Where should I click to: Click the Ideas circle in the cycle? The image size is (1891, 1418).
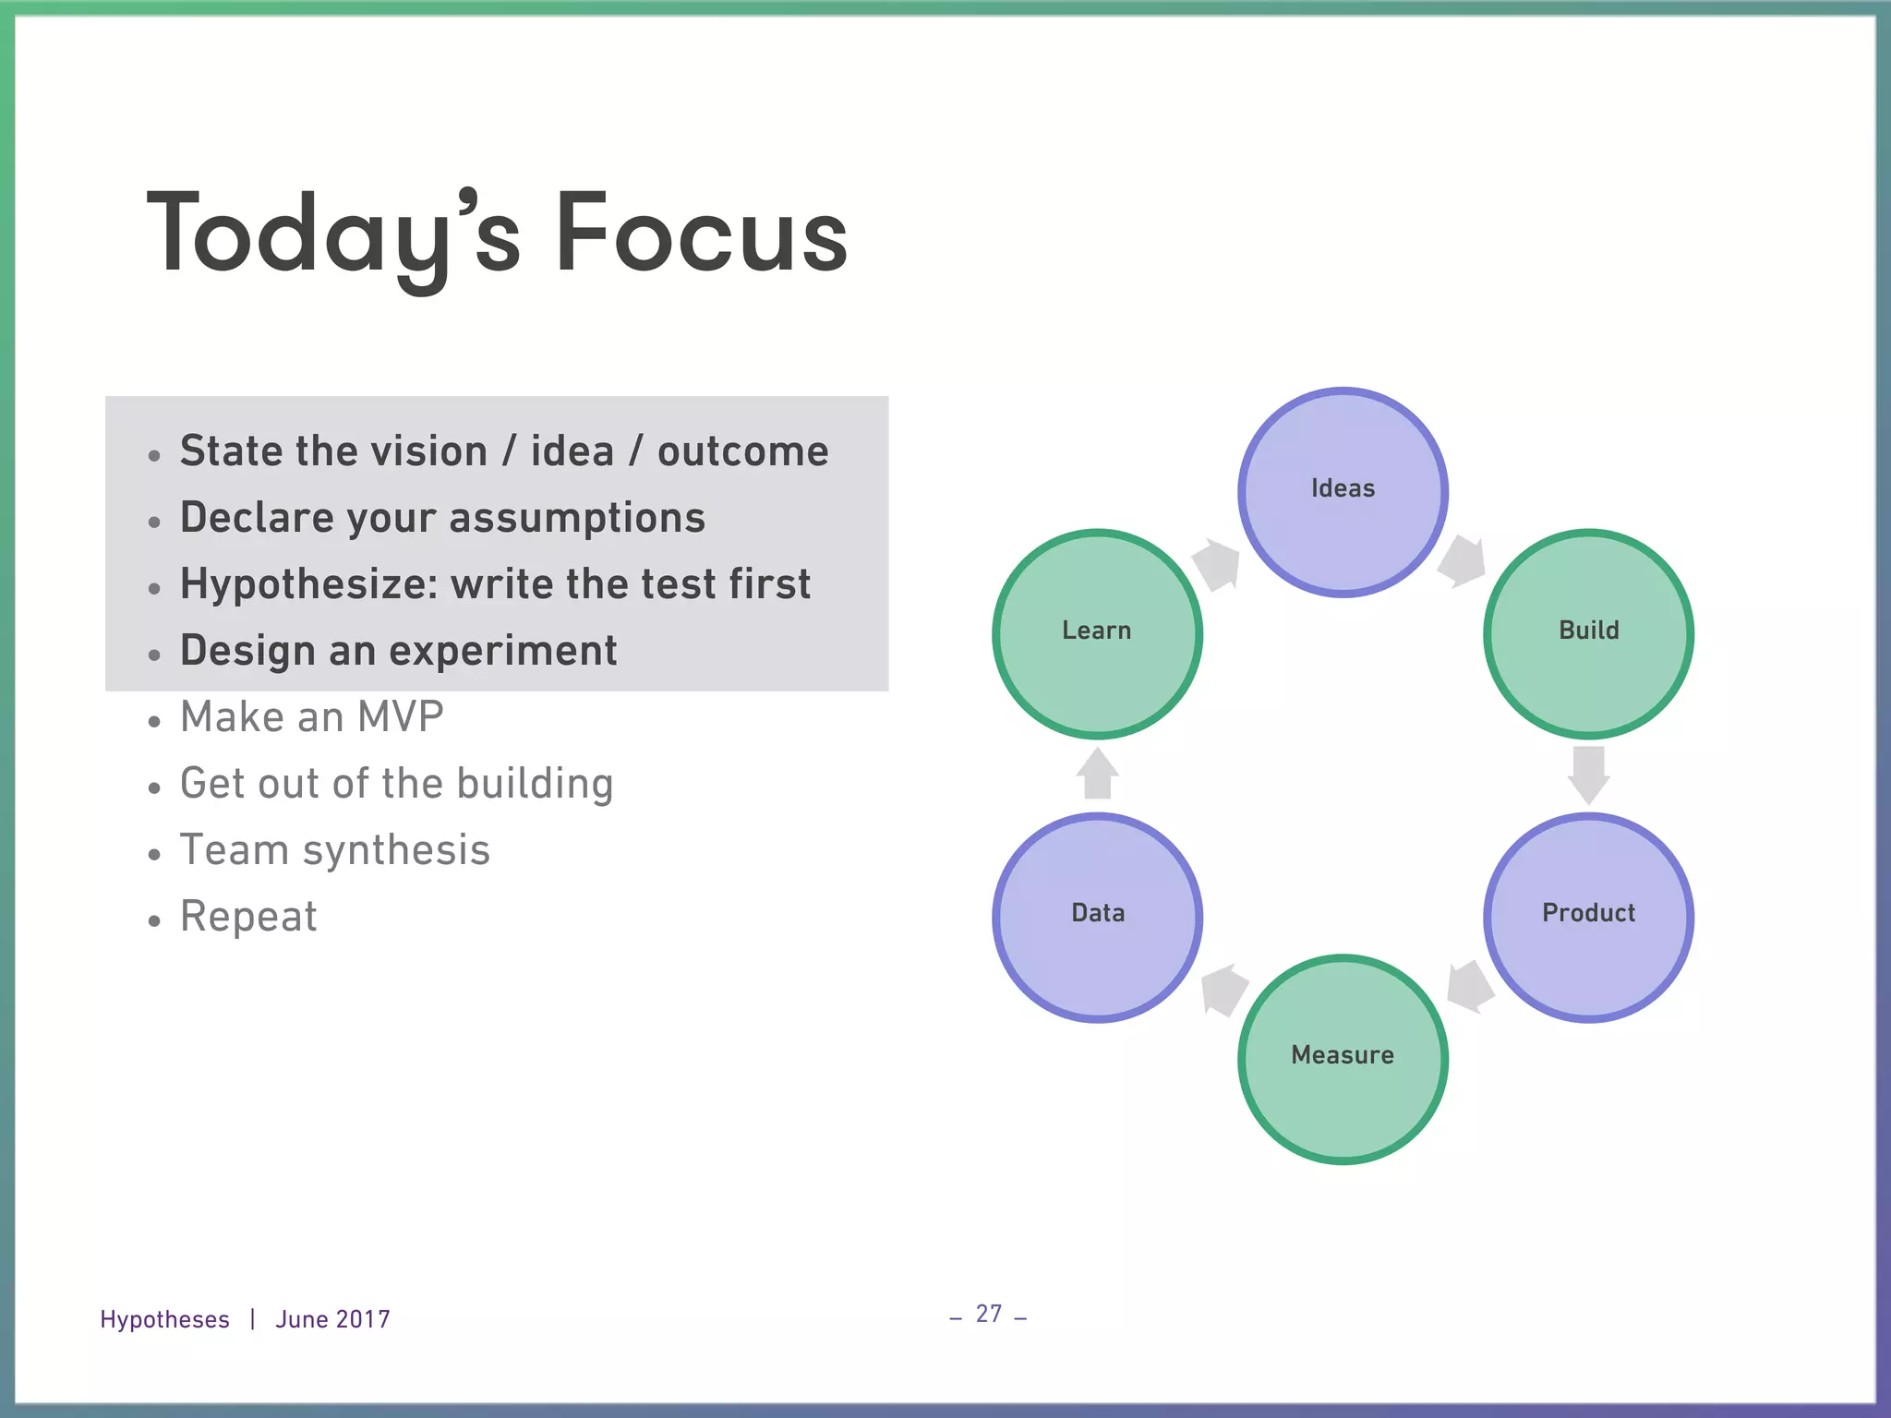(x=1343, y=492)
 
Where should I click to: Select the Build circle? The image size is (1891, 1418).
(x=1588, y=633)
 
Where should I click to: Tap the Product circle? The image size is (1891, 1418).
(x=1588, y=917)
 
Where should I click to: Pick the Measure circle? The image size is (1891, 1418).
(x=1343, y=1059)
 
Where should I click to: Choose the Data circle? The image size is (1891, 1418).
(x=1097, y=917)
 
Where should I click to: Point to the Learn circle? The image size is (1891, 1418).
(x=1097, y=633)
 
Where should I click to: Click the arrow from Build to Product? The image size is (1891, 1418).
(x=1588, y=775)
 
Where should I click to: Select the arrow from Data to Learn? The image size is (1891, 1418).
(x=1097, y=774)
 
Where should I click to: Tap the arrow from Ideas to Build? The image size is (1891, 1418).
(x=1463, y=560)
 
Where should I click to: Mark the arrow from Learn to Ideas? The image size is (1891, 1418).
(x=1217, y=563)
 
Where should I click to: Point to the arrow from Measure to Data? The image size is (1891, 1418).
(x=1224, y=990)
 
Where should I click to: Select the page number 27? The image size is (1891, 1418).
(x=989, y=1314)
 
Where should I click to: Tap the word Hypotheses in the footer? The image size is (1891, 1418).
(x=164, y=1319)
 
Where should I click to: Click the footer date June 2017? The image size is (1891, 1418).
(x=332, y=1319)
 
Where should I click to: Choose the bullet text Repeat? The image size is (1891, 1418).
(x=248, y=917)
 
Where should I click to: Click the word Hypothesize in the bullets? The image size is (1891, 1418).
(x=307, y=585)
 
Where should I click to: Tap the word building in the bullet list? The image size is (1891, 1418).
(x=535, y=784)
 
